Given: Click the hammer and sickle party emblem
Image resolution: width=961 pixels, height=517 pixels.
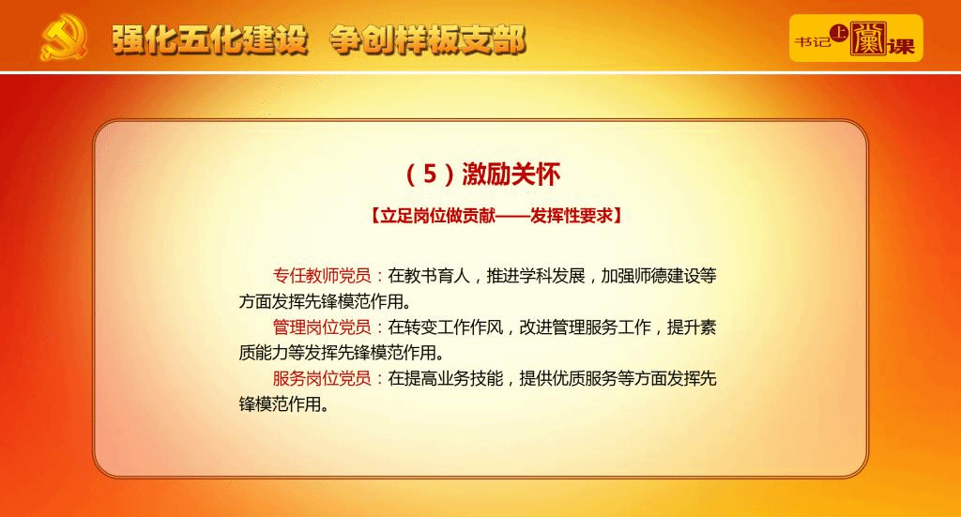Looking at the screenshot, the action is tap(64, 38).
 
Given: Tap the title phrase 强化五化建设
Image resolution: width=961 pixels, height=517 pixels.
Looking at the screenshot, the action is tap(209, 39).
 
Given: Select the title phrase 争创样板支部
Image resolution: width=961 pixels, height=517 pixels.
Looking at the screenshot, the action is tap(428, 39).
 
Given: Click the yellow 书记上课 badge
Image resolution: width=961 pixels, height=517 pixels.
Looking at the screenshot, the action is tap(856, 38).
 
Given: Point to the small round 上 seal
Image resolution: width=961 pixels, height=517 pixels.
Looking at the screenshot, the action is tap(838, 33).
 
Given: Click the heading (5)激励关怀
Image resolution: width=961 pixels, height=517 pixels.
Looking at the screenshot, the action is tap(482, 175).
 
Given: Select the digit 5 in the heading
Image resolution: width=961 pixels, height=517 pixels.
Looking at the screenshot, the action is tap(430, 174).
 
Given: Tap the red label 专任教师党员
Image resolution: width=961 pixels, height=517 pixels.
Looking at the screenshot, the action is tap(322, 276).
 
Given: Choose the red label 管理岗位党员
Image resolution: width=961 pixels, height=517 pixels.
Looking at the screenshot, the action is tap(322, 327).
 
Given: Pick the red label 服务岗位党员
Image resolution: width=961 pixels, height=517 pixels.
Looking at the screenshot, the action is tap(322, 378).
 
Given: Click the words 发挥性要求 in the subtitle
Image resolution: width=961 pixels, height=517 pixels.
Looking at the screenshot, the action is tap(572, 216).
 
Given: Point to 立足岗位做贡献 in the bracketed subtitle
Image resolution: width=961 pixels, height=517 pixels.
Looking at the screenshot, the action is tap(437, 216).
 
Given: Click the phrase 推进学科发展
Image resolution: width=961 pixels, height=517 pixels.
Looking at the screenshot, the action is tap(536, 276).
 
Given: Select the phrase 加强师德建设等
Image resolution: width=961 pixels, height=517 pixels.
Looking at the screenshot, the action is tap(659, 276).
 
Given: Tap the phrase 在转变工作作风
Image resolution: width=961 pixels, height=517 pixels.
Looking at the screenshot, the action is tap(446, 327).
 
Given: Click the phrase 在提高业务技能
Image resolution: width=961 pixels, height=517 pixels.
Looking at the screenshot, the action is tap(446, 378).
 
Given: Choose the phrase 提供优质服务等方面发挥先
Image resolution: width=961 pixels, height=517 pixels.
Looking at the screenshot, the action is tap(618, 378).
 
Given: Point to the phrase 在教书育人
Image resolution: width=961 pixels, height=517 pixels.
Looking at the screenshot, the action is tap(429, 276).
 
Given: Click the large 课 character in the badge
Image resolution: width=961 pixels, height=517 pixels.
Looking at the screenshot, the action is tap(901, 45).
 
